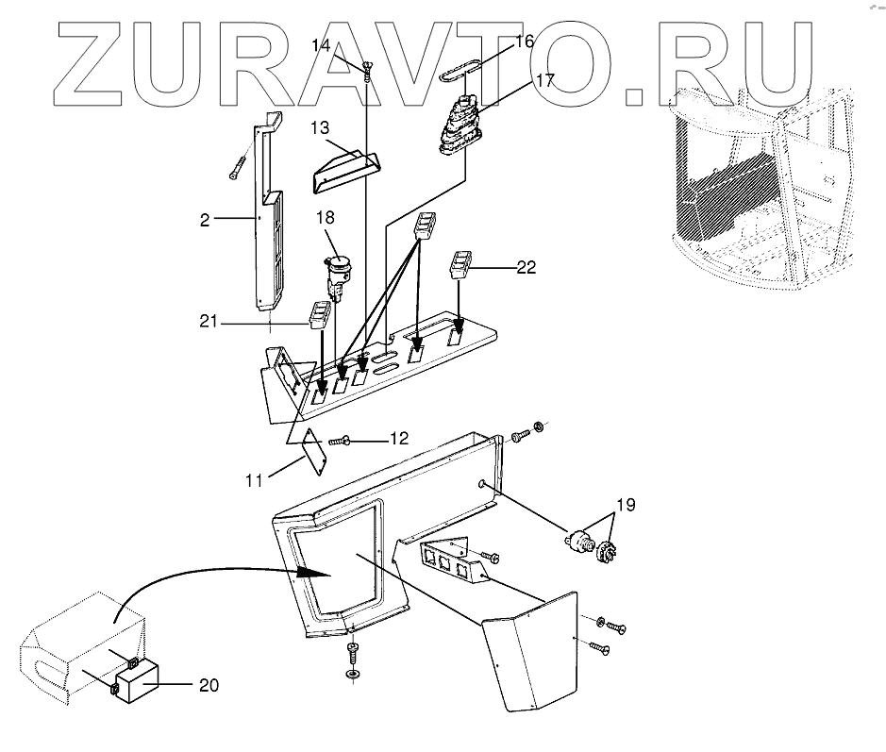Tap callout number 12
click(399, 438)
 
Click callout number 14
click(321, 45)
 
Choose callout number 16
click(524, 42)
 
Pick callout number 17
click(544, 79)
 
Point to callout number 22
click(526, 266)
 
